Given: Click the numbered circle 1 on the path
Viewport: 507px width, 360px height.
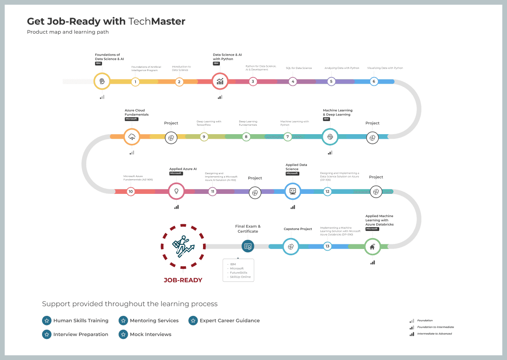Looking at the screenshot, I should [135, 82].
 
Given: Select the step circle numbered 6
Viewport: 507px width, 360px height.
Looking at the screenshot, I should [374, 81].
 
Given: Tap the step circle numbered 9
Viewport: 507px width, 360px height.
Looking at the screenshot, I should [204, 137].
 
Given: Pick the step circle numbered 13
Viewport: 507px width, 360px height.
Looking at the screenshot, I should [327, 246].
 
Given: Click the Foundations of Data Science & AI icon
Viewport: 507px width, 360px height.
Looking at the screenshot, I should [102, 81].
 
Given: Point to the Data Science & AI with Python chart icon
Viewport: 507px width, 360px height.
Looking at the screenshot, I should [220, 81].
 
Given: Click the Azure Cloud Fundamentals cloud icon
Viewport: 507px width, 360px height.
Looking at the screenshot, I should [132, 137].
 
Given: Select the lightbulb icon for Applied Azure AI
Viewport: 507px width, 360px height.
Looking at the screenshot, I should [176, 191].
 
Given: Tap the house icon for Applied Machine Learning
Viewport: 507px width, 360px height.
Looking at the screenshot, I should [372, 247].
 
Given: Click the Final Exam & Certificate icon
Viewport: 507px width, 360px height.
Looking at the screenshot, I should [248, 246].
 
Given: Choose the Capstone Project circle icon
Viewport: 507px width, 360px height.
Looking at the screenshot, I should [290, 246].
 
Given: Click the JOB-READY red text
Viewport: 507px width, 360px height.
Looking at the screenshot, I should [183, 280].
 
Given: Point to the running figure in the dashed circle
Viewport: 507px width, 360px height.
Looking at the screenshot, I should [183, 246].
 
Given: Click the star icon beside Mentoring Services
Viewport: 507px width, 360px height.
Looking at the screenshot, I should [123, 321].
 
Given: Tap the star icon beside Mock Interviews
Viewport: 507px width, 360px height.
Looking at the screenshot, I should [123, 334].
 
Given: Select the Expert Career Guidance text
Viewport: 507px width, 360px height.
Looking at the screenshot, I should [230, 321].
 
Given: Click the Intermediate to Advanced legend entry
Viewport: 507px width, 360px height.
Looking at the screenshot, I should [434, 334].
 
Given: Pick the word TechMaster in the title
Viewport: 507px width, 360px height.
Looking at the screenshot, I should [157, 21].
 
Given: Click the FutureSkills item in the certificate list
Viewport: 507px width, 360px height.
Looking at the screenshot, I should [238, 273].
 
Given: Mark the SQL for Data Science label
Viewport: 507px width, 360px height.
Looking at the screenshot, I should [299, 68].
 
